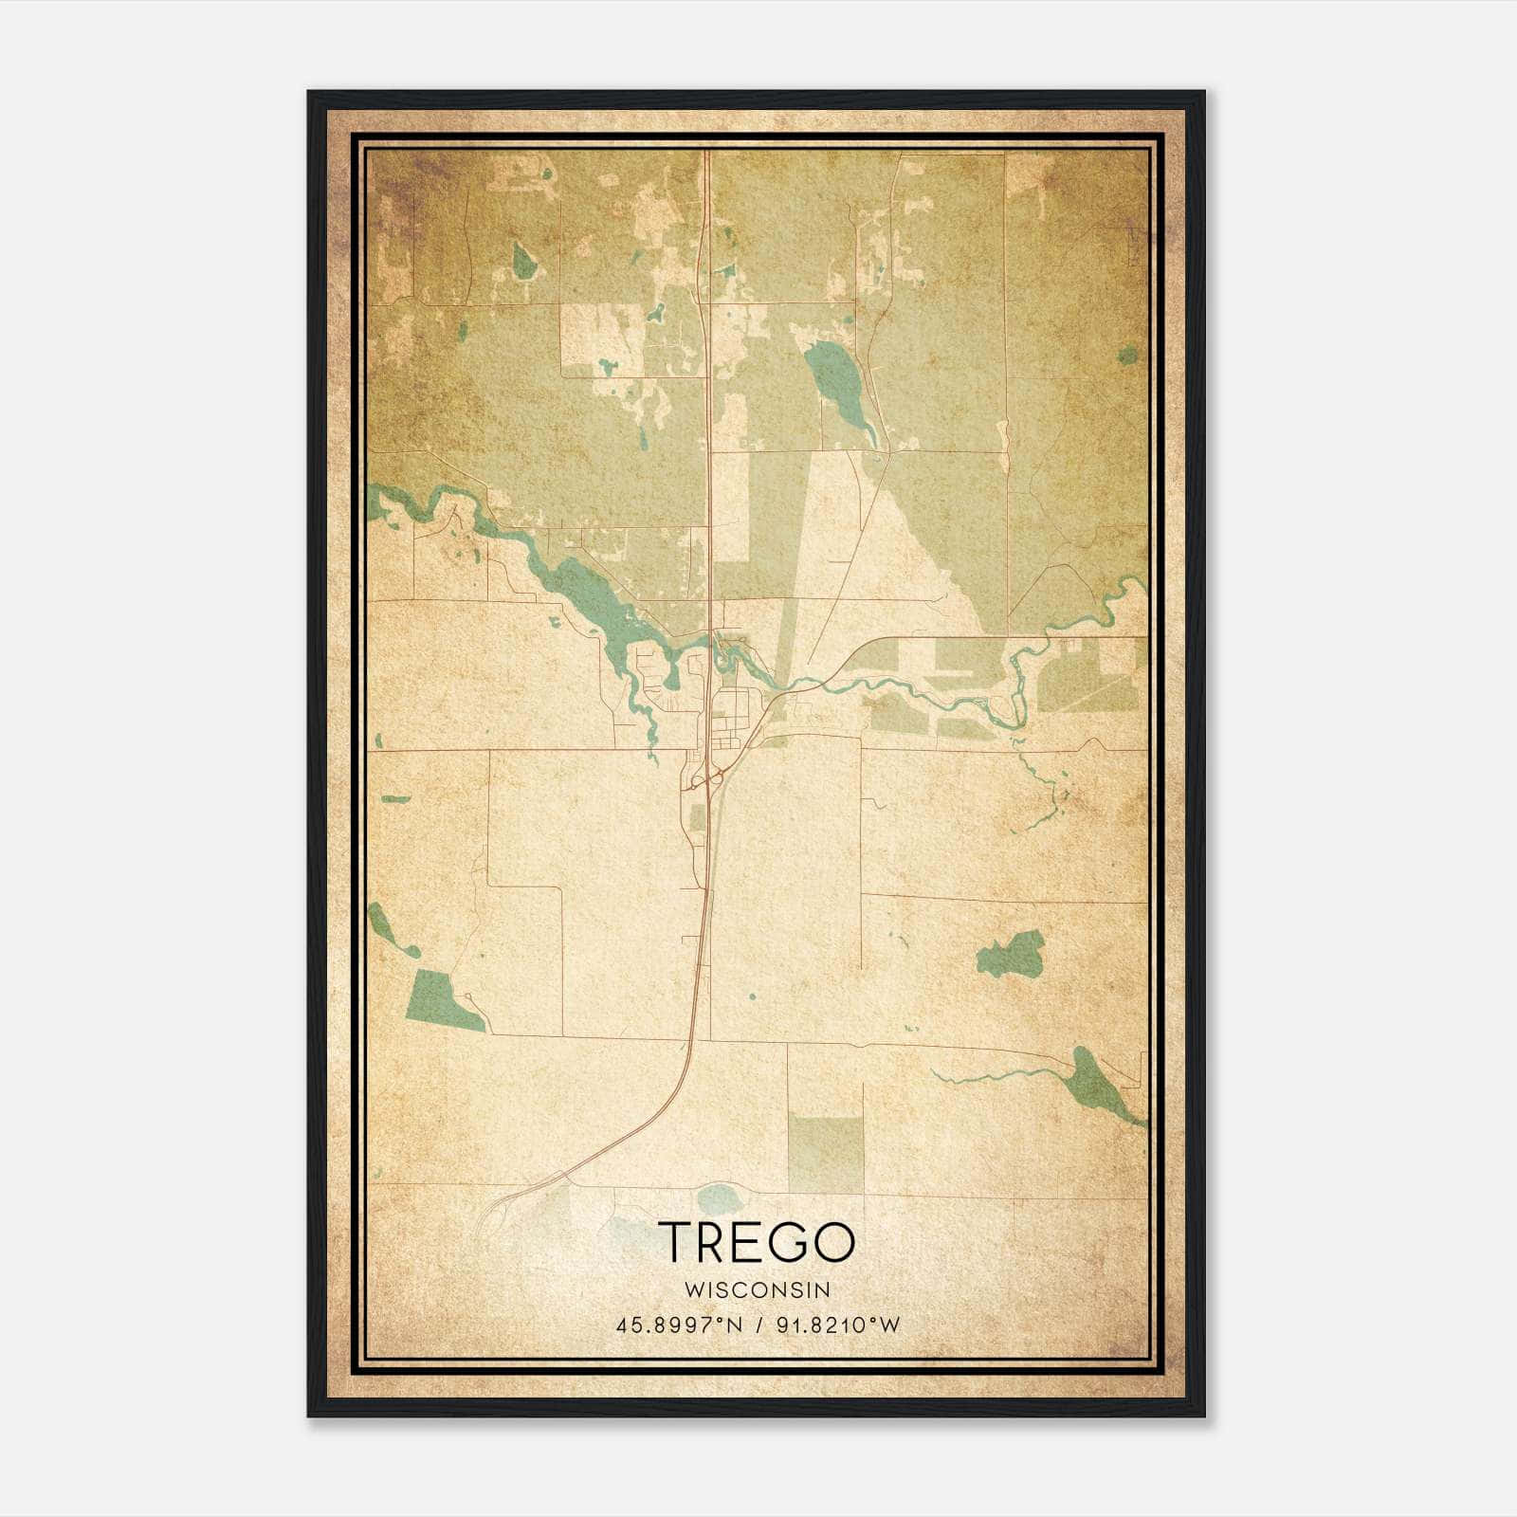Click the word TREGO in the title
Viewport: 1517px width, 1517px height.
[x=757, y=1241]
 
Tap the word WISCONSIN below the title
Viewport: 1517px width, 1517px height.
[x=757, y=1289]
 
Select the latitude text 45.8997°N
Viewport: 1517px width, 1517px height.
[x=679, y=1325]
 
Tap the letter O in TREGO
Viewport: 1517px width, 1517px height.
[x=835, y=1241]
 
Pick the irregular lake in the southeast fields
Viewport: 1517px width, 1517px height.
[x=1013, y=951]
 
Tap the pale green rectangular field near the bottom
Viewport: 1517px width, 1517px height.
[x=826, y=1153]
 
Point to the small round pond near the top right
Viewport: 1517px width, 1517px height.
[x=1127, y=356]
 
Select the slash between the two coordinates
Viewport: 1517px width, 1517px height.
[x=759, y=1325]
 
